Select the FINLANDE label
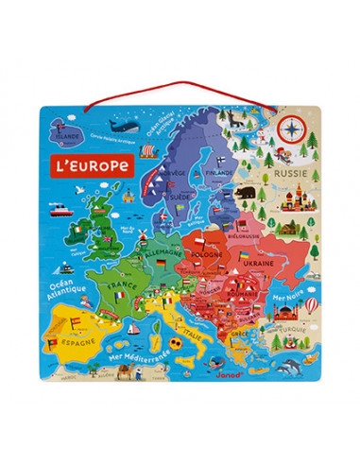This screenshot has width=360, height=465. click(x=219, y=173)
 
